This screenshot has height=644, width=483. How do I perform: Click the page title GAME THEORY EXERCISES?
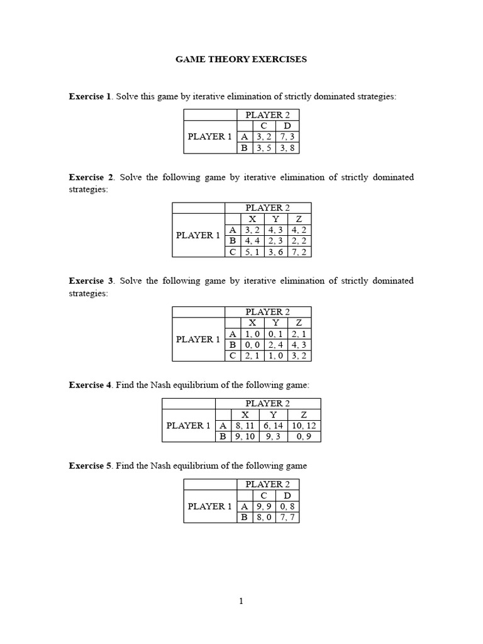point(241,59)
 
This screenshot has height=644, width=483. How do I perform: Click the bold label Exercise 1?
point(90,96)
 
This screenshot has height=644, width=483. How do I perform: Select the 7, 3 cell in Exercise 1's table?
point(287,136)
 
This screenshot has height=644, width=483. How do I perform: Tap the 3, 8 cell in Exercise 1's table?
point(287,148)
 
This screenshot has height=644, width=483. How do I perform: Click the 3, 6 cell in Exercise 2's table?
point(275,252)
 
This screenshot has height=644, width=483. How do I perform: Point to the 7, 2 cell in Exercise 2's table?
point(299,252)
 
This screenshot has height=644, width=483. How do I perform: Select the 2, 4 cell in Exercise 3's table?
point(275,345)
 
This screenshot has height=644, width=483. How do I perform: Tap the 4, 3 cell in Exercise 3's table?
point(299,345)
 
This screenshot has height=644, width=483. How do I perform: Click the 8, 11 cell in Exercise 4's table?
point(245,426)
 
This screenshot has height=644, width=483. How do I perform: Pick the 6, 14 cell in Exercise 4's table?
point(273,426)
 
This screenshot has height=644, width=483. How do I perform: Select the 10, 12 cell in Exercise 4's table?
point(304,426)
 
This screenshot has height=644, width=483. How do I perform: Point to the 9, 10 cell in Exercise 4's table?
point(245,436)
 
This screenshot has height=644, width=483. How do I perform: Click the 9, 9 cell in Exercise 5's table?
point(264,506)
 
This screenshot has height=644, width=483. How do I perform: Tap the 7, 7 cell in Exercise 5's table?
point(287,518)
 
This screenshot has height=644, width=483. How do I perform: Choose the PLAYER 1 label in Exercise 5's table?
point(209,506)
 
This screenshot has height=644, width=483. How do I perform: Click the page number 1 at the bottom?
point(241,601)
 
